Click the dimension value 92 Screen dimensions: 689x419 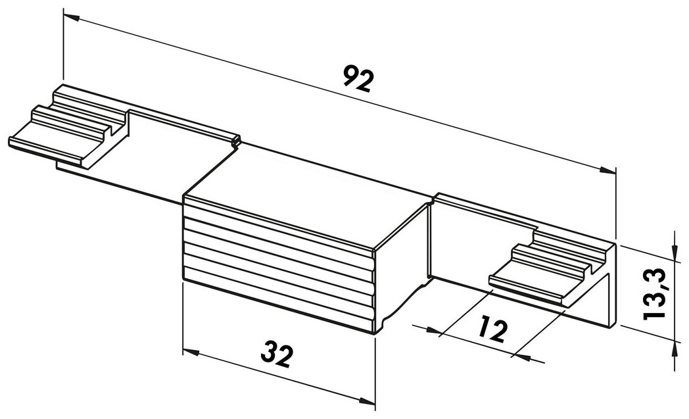pyautogui.click(x=358, y=79)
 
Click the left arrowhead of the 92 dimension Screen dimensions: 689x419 pyautogui.click(x=71, y=17)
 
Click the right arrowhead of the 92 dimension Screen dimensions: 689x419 pyautogui.click(x=607, y=170)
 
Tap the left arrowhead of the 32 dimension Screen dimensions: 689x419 pyautogui.click(x=190, y=352)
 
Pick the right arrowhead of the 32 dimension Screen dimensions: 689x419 pyautogui.click(x=367, y=400)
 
